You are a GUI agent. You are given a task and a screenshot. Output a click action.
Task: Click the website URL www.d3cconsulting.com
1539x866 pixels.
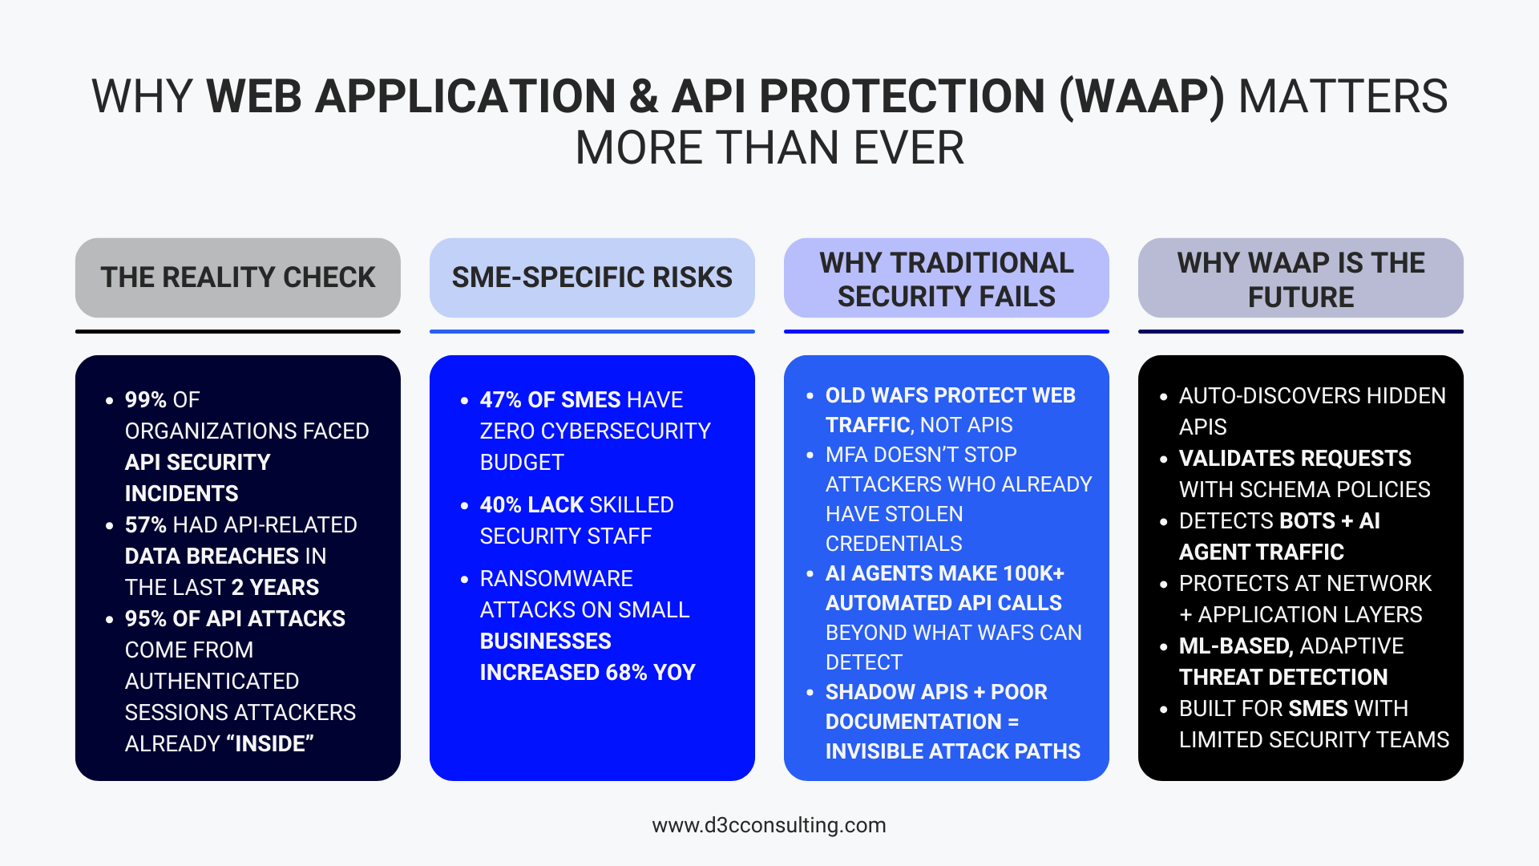pos(769,825)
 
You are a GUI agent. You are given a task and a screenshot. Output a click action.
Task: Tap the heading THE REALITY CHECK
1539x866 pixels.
pos(238,277)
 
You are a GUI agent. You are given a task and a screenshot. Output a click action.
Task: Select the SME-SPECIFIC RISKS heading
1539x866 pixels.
pos(592,277)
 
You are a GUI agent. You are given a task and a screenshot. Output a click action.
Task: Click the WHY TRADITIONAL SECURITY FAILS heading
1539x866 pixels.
pos(947,279)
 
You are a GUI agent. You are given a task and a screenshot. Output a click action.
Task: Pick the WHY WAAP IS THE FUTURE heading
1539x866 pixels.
pos(1300,279)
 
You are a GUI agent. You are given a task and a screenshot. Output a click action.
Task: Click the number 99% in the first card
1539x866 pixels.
pos(146,399)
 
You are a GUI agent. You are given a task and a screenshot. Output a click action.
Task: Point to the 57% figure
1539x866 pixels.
pos(146,524)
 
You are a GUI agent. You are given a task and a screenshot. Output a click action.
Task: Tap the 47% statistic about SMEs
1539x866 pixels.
pos(501,399)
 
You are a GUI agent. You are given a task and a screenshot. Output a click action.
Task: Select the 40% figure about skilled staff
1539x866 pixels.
pos(501,504)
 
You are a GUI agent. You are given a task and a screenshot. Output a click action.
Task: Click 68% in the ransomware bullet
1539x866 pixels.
pos(626,672)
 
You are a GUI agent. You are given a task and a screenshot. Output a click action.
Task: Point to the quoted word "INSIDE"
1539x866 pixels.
pos(270,743)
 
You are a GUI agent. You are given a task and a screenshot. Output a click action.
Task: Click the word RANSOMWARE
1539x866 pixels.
pos(556,578)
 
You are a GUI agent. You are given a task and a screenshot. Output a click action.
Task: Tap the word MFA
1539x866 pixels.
pos(846,455)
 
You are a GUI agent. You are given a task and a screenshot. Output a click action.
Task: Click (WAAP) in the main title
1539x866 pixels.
pos(1141,96)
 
